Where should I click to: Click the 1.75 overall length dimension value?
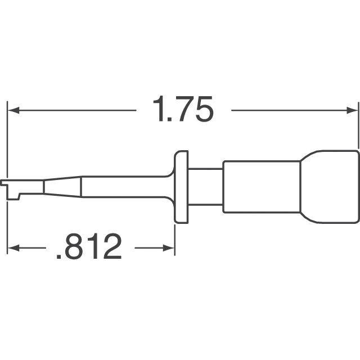pos(184,110)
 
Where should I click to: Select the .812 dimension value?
pos(89,247)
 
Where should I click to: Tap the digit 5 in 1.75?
pos(202,110)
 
